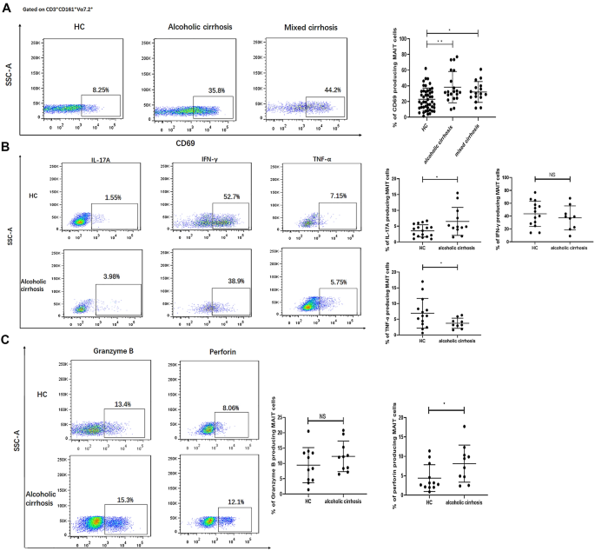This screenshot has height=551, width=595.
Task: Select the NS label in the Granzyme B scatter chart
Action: pyautogui.click(x=328, y=418)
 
